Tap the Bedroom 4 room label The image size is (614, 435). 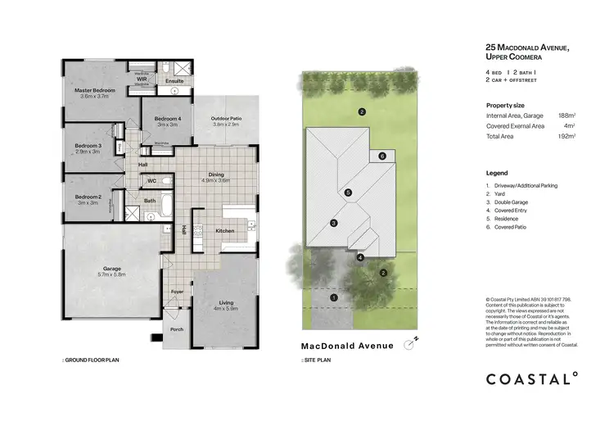click(168, 120)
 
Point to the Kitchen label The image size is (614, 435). click(225, 231)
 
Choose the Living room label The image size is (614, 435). click(224, 303)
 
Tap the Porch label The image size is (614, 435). click(176, 329)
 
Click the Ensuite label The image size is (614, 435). click(174, 81)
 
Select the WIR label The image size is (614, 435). click(142, 79)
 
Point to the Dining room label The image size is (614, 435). click(217, 174)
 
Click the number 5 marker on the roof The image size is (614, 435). click(348, 193)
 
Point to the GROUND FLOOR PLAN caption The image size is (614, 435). click(91, 360)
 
